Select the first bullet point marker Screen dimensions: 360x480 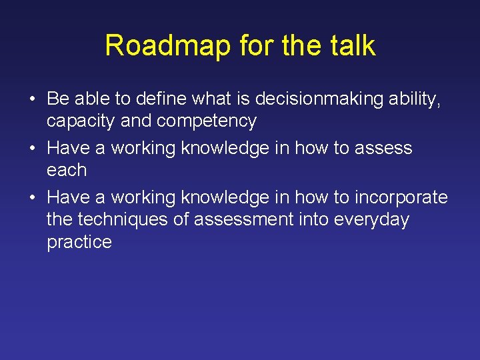click(33, 100)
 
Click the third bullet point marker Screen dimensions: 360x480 click(33, 198)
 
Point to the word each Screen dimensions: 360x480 click(67, 170)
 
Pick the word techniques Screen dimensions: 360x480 click(125, 219)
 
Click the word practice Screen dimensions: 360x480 click(79, 241)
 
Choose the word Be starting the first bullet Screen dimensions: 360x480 click(58, 99)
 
